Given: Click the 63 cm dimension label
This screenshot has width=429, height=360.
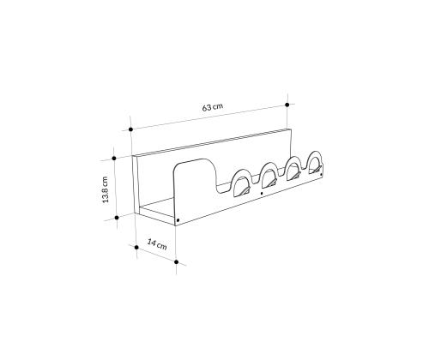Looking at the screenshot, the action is point(213,107).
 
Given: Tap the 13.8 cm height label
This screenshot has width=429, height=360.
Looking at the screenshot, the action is point(106,189).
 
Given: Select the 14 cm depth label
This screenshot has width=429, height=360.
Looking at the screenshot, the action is point(157,244).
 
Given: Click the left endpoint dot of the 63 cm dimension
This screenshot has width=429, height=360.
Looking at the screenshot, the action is point(130,129).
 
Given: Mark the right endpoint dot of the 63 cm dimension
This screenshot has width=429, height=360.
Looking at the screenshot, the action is point(287,105).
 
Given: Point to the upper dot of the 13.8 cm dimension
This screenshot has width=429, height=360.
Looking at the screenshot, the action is point(114,158).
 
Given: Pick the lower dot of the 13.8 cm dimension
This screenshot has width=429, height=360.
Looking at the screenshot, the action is point(117,218).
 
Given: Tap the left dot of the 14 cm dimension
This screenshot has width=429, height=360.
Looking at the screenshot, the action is point(136,247).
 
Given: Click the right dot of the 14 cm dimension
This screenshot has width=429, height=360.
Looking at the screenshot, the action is point(176,262).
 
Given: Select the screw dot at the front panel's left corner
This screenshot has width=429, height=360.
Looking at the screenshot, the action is point(178,220).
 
